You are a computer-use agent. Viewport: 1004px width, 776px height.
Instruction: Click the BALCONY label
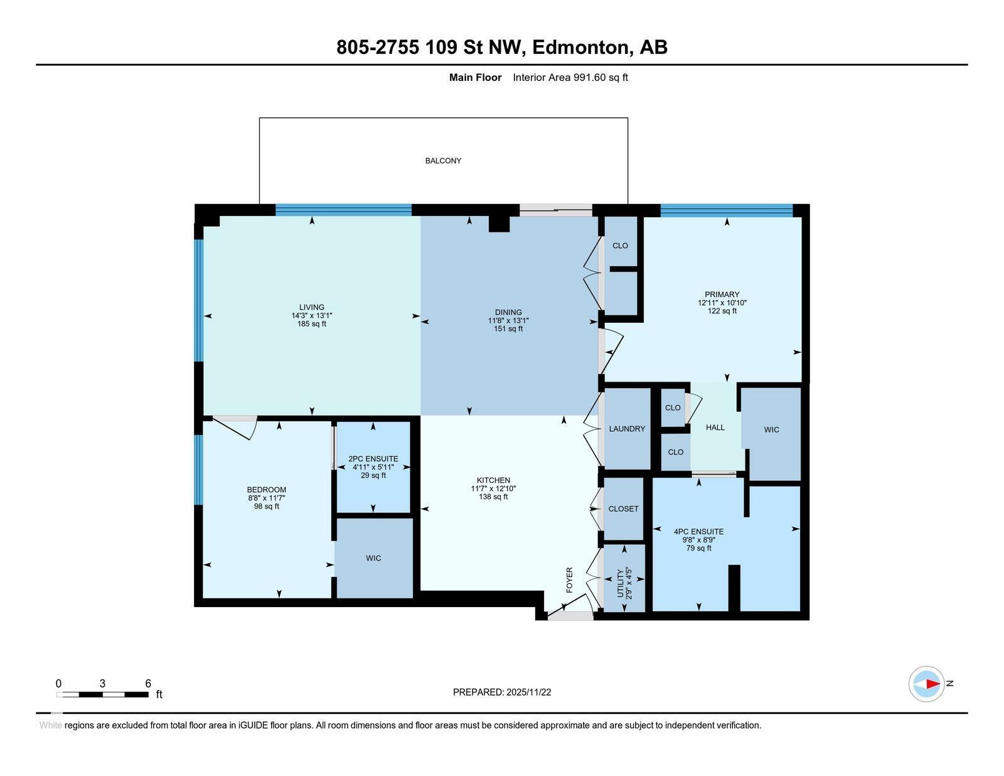point(443,161)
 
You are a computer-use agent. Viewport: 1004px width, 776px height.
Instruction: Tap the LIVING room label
point(312,308)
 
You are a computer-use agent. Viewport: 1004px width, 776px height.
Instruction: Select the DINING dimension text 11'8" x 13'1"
point(508,320)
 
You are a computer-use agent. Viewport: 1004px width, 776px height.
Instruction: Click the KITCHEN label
point(493,480)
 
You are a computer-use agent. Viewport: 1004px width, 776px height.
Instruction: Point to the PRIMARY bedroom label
point(722,294)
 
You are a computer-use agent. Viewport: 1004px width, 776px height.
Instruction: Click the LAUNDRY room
point(627,429)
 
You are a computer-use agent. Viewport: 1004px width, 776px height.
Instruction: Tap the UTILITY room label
point(620,583)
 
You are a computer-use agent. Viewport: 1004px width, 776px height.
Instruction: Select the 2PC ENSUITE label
point(373,459)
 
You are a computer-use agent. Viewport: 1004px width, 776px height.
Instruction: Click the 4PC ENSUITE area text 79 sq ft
point(698,548)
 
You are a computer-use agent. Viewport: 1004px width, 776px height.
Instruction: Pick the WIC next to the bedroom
point(373,558)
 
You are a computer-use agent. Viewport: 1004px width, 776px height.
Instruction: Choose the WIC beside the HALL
point(771,429)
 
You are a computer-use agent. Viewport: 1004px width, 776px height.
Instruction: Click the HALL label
point(715,428)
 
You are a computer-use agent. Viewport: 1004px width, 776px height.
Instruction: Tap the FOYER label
point(570,579)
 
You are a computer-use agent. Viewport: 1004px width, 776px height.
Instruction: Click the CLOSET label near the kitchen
point(623,509)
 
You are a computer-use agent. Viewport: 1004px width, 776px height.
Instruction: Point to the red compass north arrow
point(932,684)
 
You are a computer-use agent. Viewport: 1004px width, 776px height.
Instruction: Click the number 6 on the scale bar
point(148,684)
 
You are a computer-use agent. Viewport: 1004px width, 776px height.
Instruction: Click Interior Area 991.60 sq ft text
point(570,78)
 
